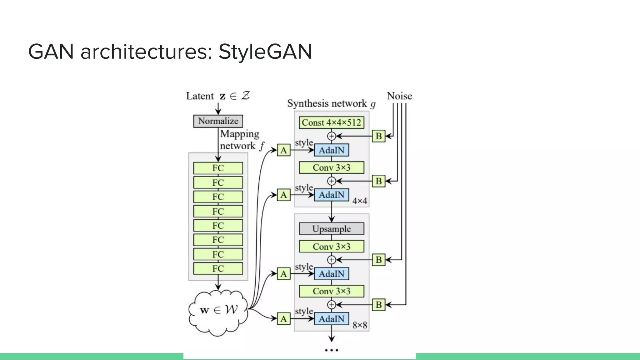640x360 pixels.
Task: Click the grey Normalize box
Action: tap(218, 121)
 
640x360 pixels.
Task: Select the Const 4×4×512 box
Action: tap(331, 122)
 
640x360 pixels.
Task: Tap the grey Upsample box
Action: tap(331, 229)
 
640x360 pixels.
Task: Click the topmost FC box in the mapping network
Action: tap(218, 168)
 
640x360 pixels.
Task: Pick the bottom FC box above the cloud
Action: tap(218, 268)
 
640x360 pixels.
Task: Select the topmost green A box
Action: tap(283, 150)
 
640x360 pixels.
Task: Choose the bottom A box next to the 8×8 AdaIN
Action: tap(283, 319)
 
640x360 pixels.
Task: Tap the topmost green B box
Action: tap(378, 136)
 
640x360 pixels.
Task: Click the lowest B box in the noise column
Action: tap(378, 305)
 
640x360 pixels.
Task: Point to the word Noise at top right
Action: tap(399, 96)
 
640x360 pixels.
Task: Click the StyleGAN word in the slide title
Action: tap(265, 52)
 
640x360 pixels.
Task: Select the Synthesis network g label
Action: tap(331, 103)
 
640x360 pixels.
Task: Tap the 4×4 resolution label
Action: tap(360, 201)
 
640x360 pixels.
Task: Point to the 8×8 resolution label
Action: tap(360, 325)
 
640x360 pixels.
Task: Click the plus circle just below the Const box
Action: tap(332, 136)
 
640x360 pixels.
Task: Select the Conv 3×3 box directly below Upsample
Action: tap(331, 247)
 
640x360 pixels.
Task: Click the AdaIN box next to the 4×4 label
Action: tap(331, 195)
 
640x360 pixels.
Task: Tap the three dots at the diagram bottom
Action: tap(332, 350)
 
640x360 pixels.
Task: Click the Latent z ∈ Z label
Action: tap(218, 96)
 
